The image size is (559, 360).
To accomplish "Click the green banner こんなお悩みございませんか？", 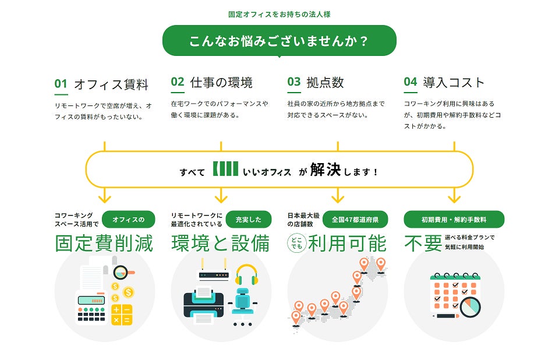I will [279, 41].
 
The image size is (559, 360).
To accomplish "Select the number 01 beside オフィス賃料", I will [61, 83].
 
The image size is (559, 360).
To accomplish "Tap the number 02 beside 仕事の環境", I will [178, 82].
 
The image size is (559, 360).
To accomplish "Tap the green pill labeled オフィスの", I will [128, 220].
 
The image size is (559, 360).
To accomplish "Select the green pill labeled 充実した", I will [249, 220].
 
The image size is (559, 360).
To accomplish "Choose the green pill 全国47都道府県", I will [355, 220].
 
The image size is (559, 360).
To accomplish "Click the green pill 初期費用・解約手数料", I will [454, 220].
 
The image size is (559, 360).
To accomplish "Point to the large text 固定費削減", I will [104, 243].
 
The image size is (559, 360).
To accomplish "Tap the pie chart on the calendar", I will [470, 306].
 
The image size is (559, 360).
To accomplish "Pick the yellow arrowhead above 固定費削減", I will [105, 196].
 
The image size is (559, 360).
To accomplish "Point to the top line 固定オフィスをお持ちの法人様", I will [279, 13].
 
